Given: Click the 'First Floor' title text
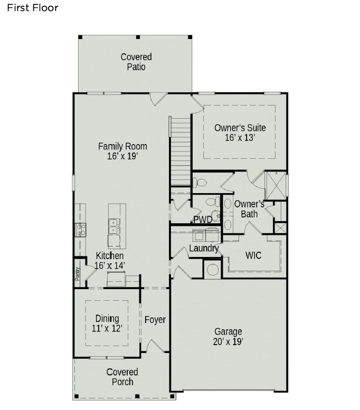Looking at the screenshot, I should tap(32, 8).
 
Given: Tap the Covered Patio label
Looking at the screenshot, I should tap(136, 62).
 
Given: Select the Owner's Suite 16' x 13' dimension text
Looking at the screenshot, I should tap(240, 138).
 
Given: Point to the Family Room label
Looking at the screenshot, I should tap(122, 146).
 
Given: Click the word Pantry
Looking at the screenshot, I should tap(77, 273).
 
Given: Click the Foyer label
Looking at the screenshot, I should tap(155, 320).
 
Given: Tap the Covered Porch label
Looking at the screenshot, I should tap(122, 377).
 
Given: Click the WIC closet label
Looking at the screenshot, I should tap(253, 255).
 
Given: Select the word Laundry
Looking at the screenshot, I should tap(204, 248).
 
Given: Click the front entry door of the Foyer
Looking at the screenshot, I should tap(157, 347).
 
